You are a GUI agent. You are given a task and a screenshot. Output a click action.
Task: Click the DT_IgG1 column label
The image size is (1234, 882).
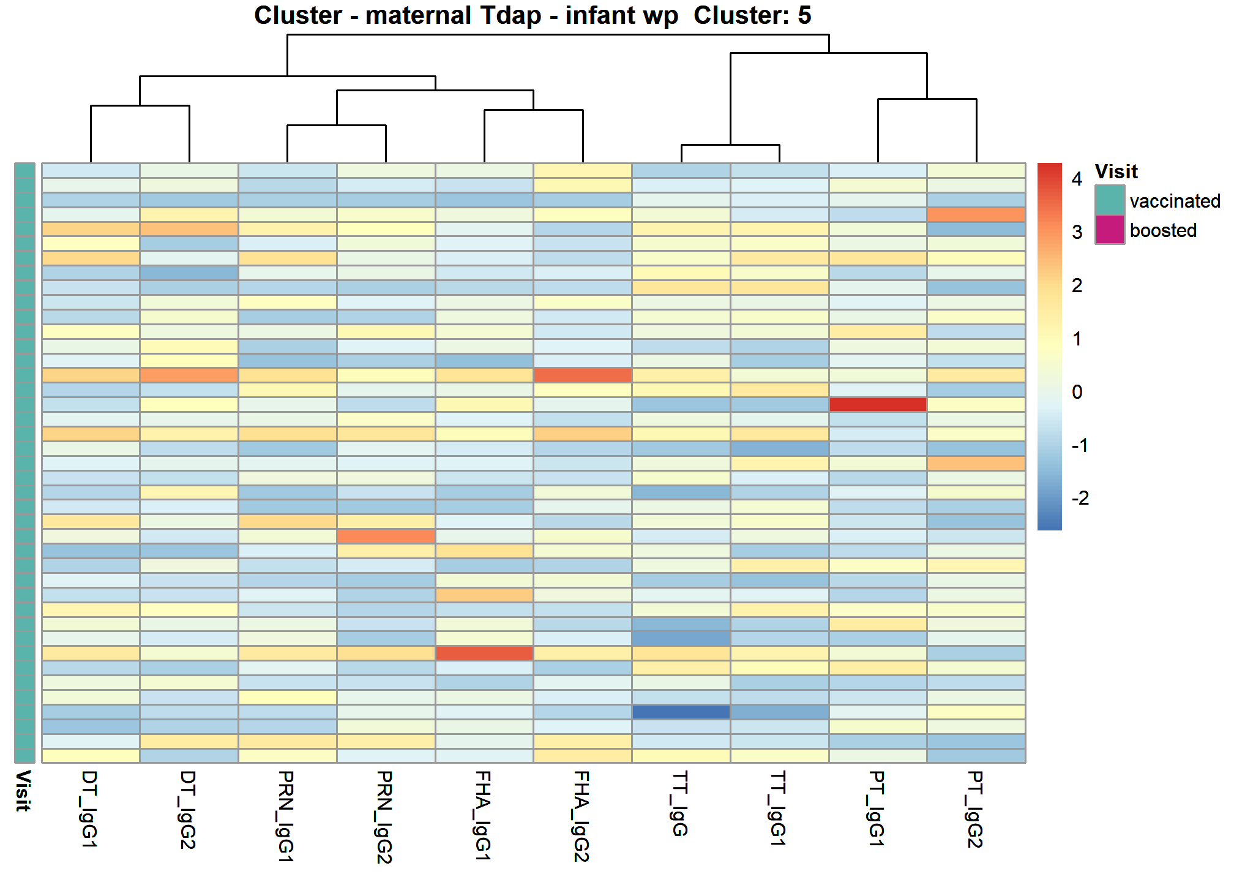pyautogui.click(x=90, y=809)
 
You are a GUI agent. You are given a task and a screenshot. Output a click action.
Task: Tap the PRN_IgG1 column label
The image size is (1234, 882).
pyautogui.click(x=286, y=816)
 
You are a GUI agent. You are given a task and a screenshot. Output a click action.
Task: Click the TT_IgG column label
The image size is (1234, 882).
pyautogui.click(x=680, y=803)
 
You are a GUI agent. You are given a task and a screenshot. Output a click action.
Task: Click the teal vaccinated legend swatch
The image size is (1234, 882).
pyautogui.click(x=1110, y=200)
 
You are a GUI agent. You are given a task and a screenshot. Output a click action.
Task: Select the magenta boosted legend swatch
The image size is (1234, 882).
pyautogui.click(x=1110, y=230)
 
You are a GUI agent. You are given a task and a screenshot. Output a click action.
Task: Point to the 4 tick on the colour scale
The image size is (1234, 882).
pyautogui.click(x=1077, y=179)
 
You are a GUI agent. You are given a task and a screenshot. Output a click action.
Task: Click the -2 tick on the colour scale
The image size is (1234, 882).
pyautogui.click(x=1080, y=498)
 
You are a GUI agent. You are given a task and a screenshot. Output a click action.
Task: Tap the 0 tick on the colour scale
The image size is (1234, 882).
pyautogui.click(x=1077, y=391)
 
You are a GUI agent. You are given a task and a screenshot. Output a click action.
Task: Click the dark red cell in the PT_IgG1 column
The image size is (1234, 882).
pyautogui.click(x=878, y=404)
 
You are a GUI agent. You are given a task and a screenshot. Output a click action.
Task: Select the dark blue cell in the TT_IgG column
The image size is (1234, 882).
pyautogui.click(x=681, y=712)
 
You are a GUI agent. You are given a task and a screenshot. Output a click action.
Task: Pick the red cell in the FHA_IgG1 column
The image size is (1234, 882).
pyautogui.click(x=484, y=653)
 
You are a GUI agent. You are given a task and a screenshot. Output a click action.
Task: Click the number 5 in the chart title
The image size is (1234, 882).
pyautogui.click(x=804, y=15)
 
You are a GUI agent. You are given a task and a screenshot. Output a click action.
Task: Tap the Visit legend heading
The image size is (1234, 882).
pyautogui.click(x=1116, y=171)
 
